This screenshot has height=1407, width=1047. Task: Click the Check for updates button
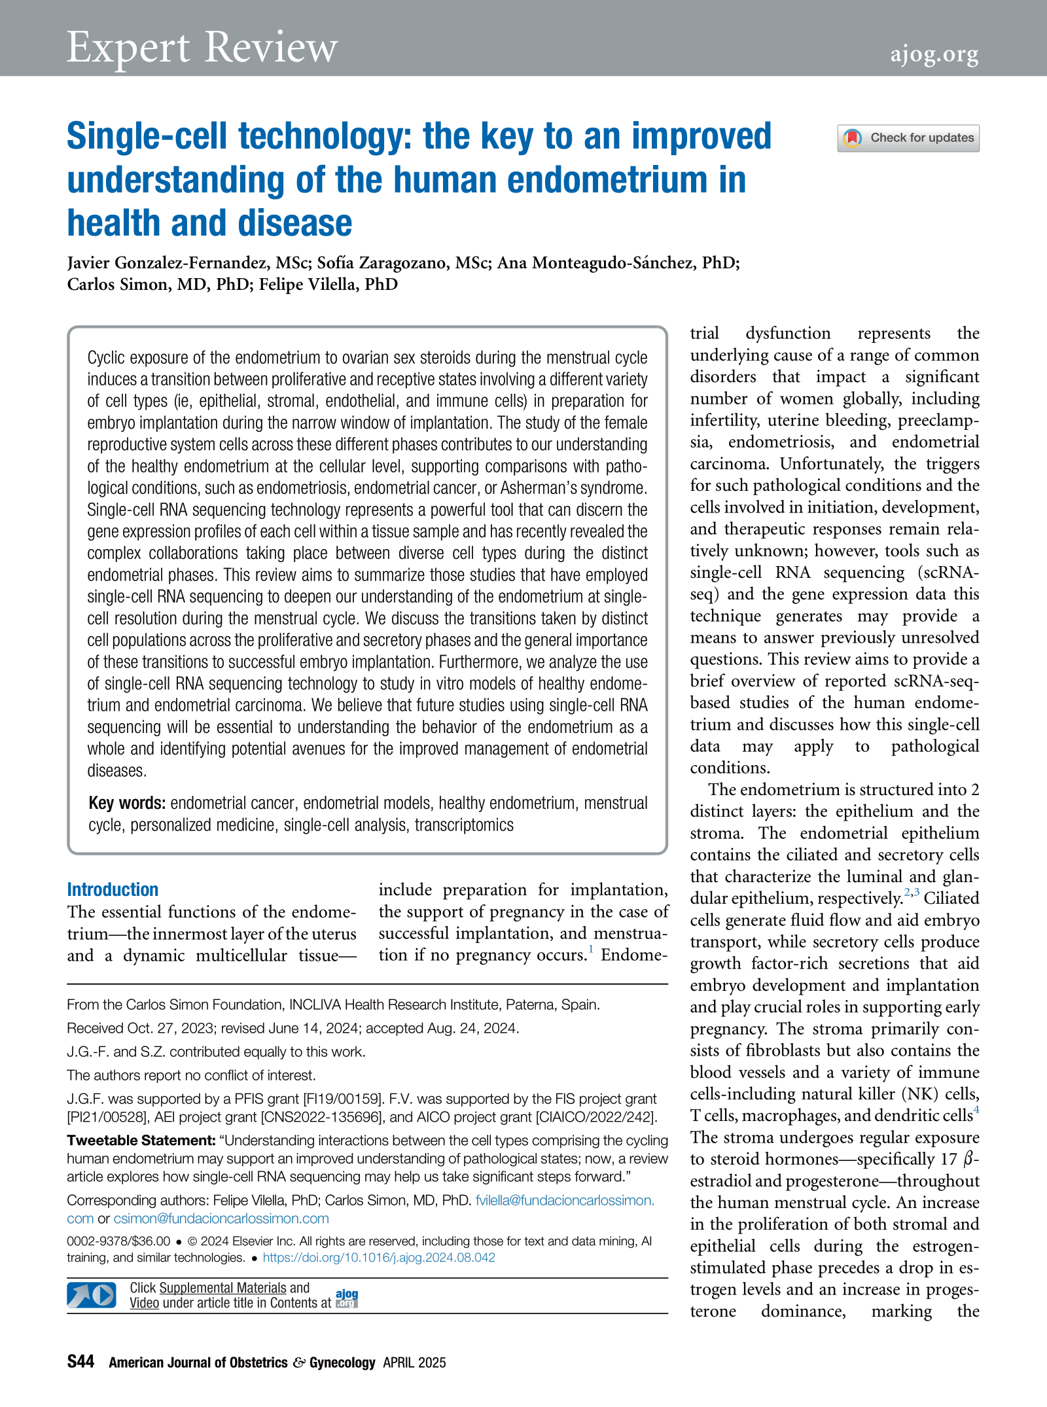pyautogui.click(x=908, y=138)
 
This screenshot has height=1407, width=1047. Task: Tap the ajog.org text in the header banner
pyautogui.click(x=934, y=54)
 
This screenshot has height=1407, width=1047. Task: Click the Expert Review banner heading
pyautogui.click(x=202, y=47)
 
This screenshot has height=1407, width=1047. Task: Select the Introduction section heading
pyautogui.click(x=113, y=889)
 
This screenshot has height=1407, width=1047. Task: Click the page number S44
pyautogui.click(x=80, y=1362)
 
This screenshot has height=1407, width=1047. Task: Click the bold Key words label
pyautogui.click(x=127, y=803)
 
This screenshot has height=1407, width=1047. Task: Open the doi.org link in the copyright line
pyautogui.click(x=379, y=1257)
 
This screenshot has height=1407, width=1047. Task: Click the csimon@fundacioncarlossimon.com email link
pyautogui.click(x=221, y=1219)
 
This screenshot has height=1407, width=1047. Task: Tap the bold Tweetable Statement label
pyautogui.click(x=141, y=1141)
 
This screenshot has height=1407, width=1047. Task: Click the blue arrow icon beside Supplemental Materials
pyautogui.click(x=91, y=1295)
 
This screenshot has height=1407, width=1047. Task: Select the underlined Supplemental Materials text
pyautogui.click(x=222, y=1288)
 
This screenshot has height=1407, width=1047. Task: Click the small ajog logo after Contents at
pyautogui.click(x=347, y=1297)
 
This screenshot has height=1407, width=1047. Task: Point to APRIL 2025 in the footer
pyautogui.click(x=414, y=1362)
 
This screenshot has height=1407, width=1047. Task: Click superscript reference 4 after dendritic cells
pyautogui.click(x=976, y=1109)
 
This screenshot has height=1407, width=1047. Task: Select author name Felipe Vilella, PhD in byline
pyautogui.click(x=328, y=285)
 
